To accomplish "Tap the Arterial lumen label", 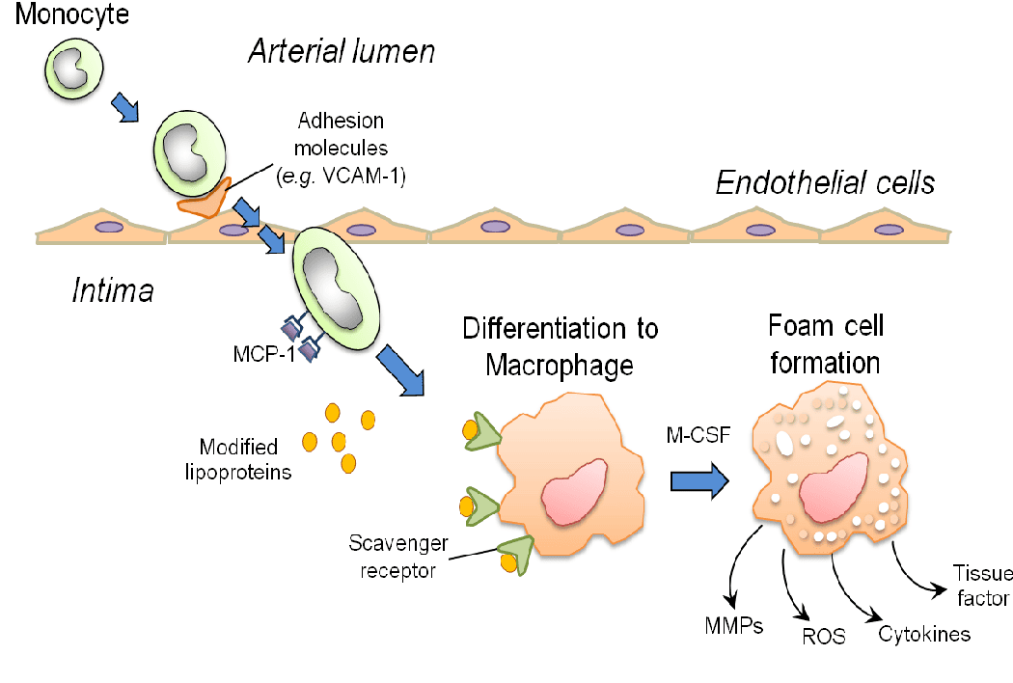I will [342, 51].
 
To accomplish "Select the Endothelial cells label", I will [825, 183].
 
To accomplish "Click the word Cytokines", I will [923, 633].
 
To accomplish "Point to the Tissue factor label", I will [981, 587].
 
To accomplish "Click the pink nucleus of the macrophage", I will [574, 490].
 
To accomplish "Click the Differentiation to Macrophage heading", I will [560, 346].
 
